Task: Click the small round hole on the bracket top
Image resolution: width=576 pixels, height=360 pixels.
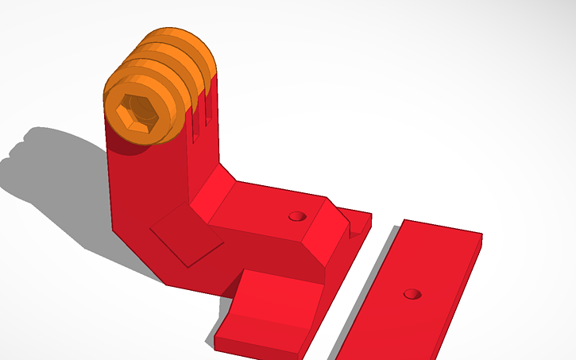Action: point(296,215)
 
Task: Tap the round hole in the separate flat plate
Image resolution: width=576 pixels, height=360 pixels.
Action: point(412,294)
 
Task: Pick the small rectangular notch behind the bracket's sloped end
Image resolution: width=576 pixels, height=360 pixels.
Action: point(357,226)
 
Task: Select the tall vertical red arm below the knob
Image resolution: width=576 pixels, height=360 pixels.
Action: point(147,191)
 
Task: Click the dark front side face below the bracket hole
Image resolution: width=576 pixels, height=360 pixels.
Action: point(270,254)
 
